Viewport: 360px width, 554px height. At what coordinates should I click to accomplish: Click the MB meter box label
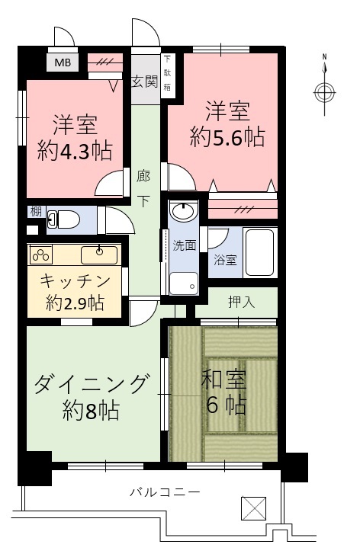(x=63, y=62)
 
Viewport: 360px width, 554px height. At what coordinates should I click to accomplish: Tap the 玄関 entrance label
(x=145, y=82)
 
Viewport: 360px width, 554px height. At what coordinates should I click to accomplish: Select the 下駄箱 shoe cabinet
(x=167, y=76)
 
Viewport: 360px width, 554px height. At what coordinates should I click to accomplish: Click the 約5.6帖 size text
(x=227, y=137)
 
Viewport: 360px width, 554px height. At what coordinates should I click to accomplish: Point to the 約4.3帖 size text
(x=75, y=151)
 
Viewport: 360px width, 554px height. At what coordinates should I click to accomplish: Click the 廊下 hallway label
(x=143, y=188)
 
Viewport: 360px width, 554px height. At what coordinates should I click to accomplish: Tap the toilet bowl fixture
(x=63, y=219)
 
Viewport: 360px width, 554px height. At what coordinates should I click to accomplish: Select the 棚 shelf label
(x=36, y=212)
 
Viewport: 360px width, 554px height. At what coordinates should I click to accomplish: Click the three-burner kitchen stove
(x=40, y=255)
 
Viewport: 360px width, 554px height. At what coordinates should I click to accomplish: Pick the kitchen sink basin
(x=99, y=255)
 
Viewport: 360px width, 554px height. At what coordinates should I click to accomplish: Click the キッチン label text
(x=75, y=281)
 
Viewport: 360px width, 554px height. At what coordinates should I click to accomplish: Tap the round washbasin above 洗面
(x=184, y=212)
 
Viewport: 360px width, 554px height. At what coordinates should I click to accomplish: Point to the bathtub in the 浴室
(x=259, y=253)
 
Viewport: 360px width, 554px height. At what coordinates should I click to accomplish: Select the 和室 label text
(x=223, y=379)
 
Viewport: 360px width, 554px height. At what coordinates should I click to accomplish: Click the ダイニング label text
(x=91, y=383)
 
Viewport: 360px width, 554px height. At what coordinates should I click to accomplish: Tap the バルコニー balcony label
(x=165, y=492)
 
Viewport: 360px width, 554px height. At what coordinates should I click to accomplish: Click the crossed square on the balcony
(x=253, y=508)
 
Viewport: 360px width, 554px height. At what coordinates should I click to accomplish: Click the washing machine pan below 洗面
(x=184, y=283)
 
